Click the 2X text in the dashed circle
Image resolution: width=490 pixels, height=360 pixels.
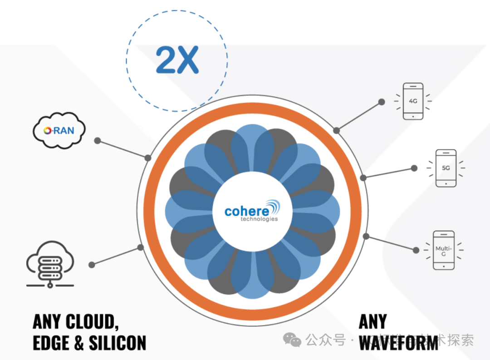pyautogui.click(x=177, y=60)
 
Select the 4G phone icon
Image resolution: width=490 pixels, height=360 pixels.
pyautogui.click(x=413, y=101)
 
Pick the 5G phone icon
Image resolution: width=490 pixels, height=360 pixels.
pyautogui.click(x=446, y=168)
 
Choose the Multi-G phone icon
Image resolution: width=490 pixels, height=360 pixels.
pyautogui.click(x=443, y=251)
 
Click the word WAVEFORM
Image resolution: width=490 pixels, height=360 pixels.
pyautogui.click(x=398, y=343)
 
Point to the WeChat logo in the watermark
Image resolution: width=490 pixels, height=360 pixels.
pyautogui.click(x=292, y=340)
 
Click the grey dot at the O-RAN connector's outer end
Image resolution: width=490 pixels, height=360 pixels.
pyautogui.click(x=97, y=141)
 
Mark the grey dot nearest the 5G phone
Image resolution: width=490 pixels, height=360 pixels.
pyautogui.click(x=414, y=168)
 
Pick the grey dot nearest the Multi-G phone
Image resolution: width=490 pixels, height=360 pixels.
pyautogui.click(x=416, y=249)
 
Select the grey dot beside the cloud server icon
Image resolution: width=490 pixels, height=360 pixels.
pyautogui.click(x=92, y=264)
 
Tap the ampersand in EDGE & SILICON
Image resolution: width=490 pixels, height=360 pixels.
pyautogui.click(x=79, y=343)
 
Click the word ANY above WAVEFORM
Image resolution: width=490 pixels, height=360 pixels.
pyautogui.click(x=373, y=321)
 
